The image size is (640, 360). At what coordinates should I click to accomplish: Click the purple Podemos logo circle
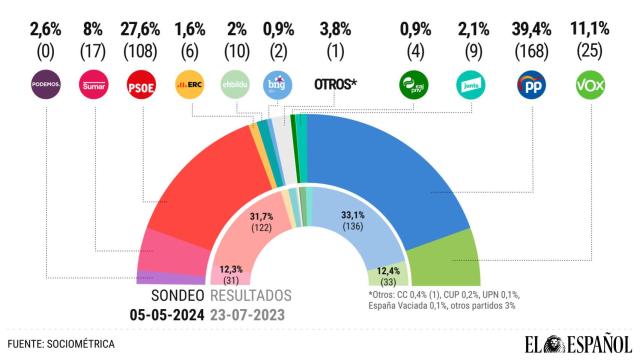click(45, 86)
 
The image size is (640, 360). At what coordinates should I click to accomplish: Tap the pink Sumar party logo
click(93, 86)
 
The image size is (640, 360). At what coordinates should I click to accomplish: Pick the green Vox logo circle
click(592, 86)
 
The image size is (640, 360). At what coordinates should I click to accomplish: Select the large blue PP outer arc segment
click(400, 170)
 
